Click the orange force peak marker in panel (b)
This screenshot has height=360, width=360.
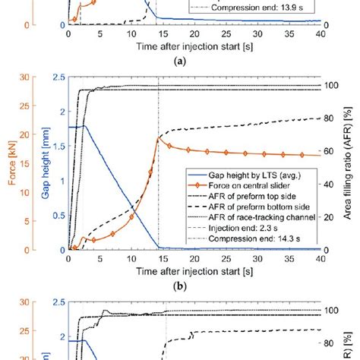pos(158,139)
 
